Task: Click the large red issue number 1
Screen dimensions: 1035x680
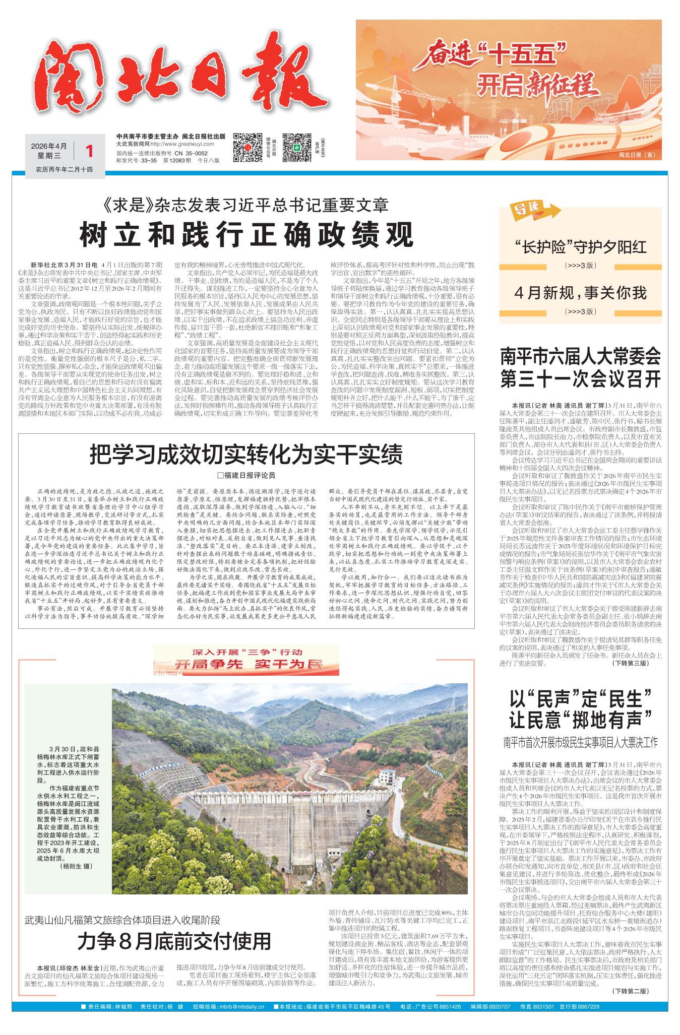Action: (x=90, y=151)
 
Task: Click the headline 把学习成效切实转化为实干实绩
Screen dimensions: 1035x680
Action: (x=246, y=455)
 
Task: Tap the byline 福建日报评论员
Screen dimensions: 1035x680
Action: (x=246, y=476)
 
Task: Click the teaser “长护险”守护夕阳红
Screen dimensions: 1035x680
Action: (x=580, y=247)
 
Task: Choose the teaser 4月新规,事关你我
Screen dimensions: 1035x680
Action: (x=580, y=292)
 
